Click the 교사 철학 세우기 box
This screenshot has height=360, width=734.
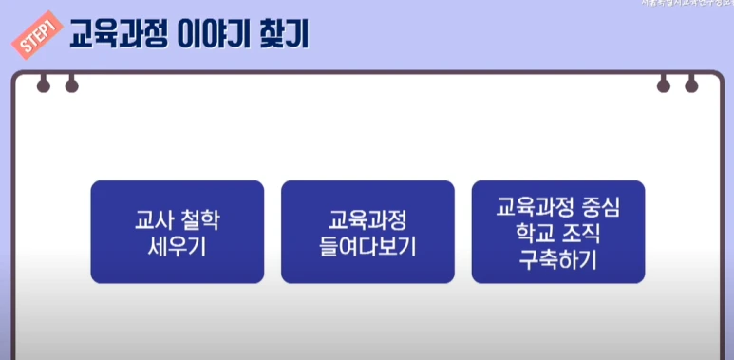pyautogui.click(x=177, y=232)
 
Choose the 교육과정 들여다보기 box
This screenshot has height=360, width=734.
pyautogui.click(x=367, y=232)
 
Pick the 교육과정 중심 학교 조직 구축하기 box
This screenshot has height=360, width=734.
pyautogui.click(x=557, y=232)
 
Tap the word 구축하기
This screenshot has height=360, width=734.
pyautogui.click(x=558, y=259)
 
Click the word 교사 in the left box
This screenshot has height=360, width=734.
pyautogui.click(x=153, y=220)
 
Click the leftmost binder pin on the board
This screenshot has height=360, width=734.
pyautogui.click(x=43, y=86)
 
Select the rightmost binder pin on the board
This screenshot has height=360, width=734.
pyautogui.click(x=691, y=86)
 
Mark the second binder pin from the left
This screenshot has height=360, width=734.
pyautogui.click(x=71, y=86)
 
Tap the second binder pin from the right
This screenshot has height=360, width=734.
pyautogui.click(x=663, y=86)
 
